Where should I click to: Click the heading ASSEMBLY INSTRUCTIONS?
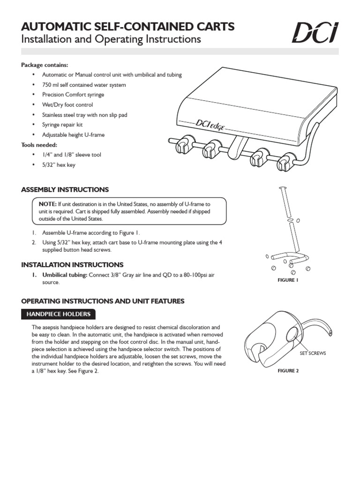point(65,190)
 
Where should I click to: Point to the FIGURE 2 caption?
point(288,371)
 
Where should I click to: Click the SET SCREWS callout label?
point(313,353)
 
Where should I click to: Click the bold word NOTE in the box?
point(47,204)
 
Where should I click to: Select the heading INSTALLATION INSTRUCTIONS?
point(72,265)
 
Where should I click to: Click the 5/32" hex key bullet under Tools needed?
point(59,165)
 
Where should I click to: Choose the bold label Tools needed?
point(39,145)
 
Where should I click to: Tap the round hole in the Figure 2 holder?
point(292,334)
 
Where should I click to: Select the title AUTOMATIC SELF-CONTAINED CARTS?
point(127,26)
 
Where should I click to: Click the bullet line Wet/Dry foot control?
point(67,105)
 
